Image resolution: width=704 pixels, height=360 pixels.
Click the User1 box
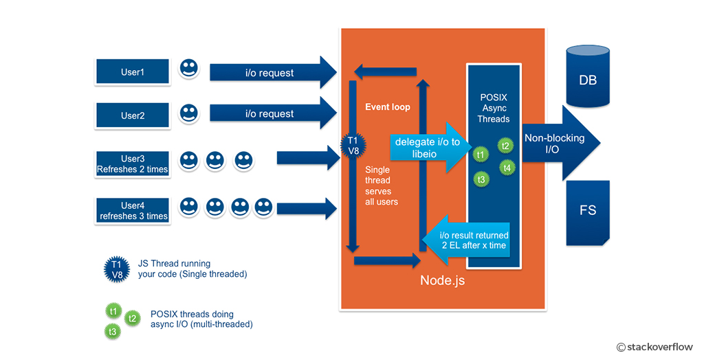(132, 72)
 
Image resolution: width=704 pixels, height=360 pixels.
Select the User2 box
(132, 115)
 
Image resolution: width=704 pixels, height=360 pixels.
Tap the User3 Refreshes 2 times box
(132, 164)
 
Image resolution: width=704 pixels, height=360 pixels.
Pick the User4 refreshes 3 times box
(132, 210)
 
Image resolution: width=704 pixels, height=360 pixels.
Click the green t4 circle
(507, 167)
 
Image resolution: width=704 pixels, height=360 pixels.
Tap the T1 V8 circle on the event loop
(352, 146)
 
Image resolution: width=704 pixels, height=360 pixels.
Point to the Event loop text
(388, 107)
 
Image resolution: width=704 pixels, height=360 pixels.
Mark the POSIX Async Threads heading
(494, 108)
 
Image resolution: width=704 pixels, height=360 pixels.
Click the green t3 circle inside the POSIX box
(482, 179)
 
